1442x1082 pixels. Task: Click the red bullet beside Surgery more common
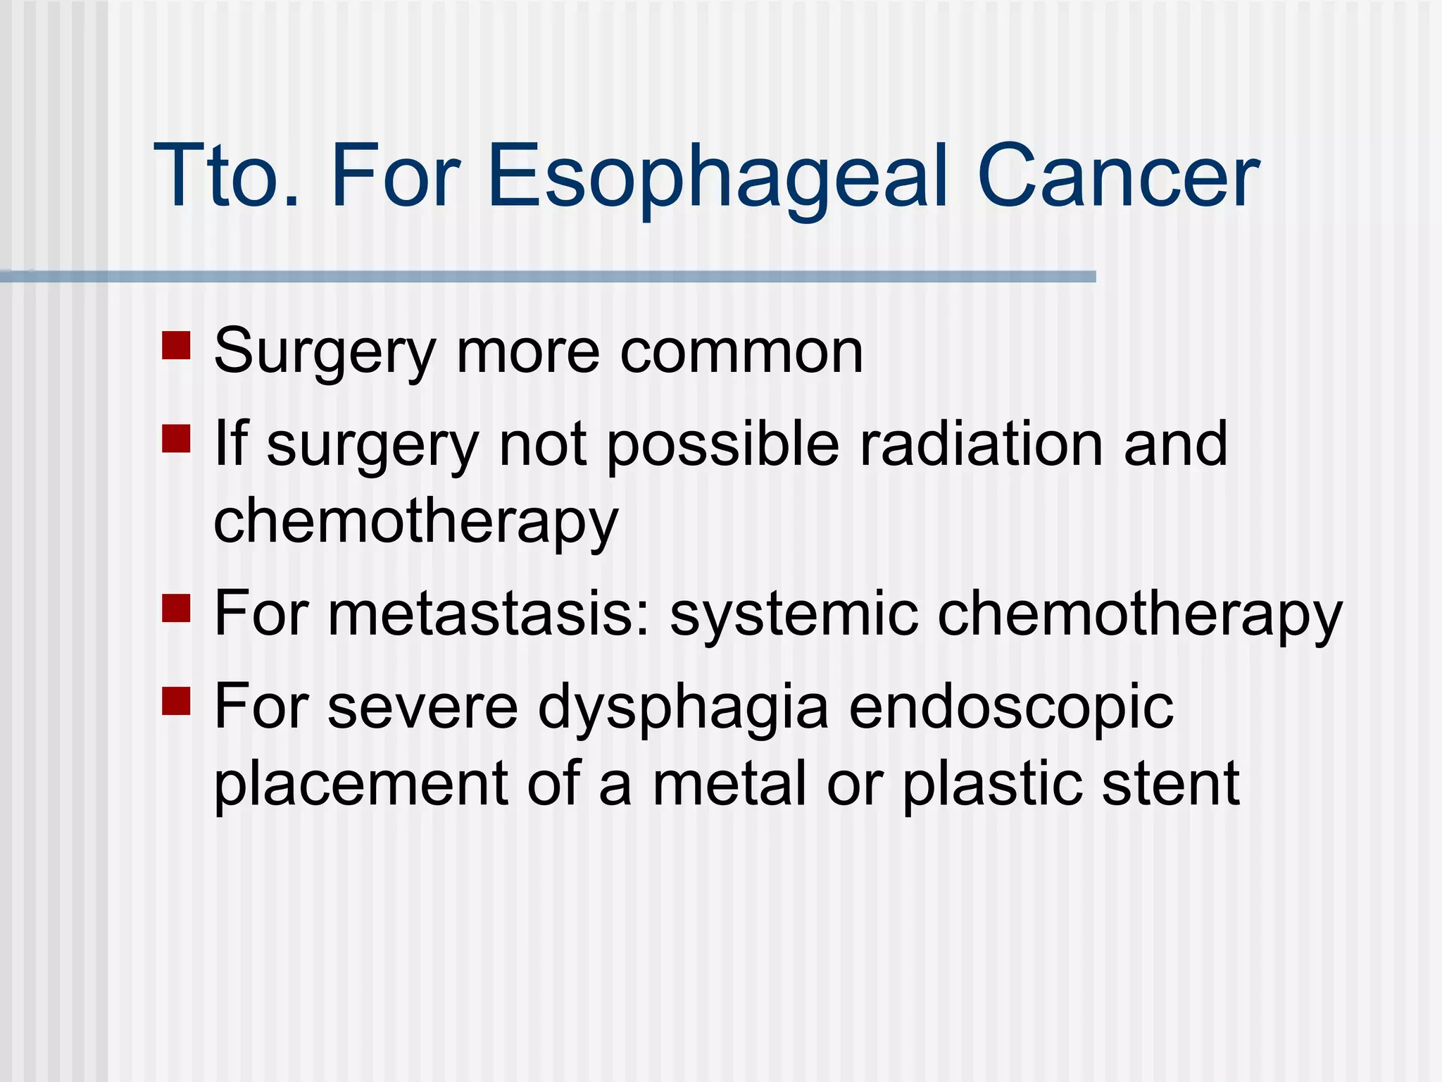(176, 346)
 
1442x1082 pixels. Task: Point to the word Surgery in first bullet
(325, 352)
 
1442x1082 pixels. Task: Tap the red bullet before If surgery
(176, 438)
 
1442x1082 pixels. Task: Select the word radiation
(982, 444)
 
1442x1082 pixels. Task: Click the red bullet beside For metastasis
(176, 609)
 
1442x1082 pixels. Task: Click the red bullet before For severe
(176, 701)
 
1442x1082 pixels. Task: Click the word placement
(360, 784)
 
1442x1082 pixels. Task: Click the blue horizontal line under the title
(549, 277)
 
